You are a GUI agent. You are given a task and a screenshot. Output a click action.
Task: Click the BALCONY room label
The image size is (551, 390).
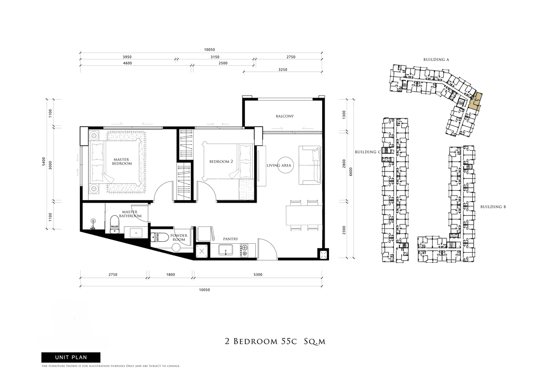tap(284, 116)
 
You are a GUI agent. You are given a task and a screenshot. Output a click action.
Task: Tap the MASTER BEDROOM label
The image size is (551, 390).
tap(122, 162)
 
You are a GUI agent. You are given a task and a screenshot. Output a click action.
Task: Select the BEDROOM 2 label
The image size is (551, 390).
tap(221, 162)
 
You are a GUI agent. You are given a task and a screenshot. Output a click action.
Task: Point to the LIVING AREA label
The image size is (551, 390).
tap(278, 165)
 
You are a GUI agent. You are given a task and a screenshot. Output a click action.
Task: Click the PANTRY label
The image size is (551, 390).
tap(230, 239)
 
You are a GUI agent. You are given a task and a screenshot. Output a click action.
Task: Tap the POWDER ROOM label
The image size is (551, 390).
tap(179, 237)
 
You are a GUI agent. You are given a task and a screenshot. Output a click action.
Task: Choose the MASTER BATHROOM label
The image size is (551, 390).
tap(130, 214)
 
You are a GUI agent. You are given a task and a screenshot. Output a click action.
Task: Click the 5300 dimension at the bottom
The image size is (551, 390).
tap(258, 275)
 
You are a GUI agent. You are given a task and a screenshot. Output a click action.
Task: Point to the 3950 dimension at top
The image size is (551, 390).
tap(127, 57)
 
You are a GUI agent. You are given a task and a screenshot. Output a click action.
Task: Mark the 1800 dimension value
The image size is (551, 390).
tap(170, 275)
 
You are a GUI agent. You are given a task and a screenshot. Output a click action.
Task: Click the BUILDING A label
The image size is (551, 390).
tap(436, 60)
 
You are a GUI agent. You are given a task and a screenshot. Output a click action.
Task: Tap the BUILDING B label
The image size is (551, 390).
tap(493, 207)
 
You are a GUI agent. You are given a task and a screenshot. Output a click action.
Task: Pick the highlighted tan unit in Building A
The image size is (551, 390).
tap(475, 102)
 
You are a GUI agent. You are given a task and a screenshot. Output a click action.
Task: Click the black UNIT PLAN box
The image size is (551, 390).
tap(71, 357)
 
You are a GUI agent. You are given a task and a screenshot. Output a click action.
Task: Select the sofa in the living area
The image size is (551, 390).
tap(310, 165)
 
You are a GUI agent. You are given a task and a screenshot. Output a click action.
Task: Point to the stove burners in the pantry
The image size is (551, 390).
tap(243, 250)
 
